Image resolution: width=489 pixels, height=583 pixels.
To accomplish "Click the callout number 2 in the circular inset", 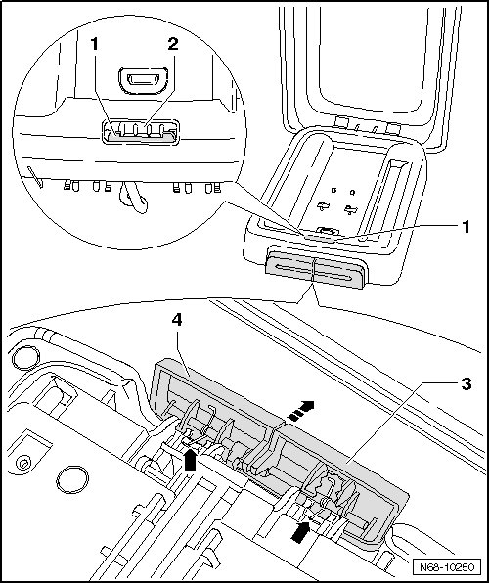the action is pos(173,44).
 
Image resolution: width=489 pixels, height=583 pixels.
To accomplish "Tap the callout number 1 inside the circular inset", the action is pos(95,44).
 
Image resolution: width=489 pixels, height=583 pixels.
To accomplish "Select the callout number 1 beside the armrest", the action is pos(466,226).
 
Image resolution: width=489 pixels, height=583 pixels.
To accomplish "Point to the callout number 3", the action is pos(466,383).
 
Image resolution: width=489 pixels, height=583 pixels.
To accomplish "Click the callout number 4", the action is pos(177,320).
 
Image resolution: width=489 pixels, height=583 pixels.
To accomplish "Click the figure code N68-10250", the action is pos(447,567).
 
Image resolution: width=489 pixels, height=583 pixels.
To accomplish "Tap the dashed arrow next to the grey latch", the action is pos(301,411).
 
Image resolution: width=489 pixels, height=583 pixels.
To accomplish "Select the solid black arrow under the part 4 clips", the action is pos(190,460).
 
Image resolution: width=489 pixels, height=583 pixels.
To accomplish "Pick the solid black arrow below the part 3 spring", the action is pos(300,532).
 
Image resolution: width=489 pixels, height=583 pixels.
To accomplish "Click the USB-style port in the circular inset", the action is pos(143,80).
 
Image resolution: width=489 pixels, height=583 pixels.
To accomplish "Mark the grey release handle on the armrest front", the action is pos(315,269).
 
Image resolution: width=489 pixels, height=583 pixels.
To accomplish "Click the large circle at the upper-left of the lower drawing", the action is pos(25,357).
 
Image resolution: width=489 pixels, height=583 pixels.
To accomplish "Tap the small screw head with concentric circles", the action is pos(23,464).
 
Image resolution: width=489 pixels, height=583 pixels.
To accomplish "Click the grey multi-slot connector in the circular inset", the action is pos(141,132).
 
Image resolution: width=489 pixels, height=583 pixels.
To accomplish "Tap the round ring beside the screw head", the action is pos(72,479).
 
